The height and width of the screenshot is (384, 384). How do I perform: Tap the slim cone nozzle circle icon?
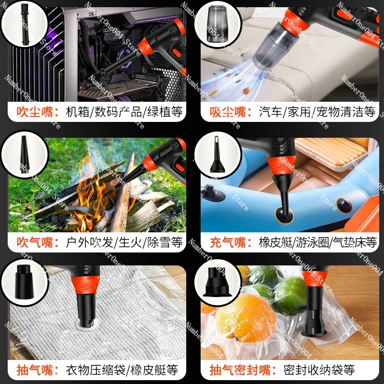(x=24, y=154)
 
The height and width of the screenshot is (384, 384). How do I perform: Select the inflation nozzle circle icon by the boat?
(x=218, y=154)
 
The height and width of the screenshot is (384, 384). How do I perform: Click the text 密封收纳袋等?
(x=319, y=370)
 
